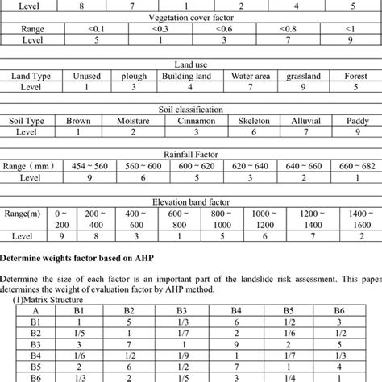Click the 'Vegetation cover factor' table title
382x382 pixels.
point(190,16)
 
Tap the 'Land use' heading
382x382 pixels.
point(190,64)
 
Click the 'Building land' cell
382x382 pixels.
point(188,76)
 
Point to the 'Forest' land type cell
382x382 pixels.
point(355,76)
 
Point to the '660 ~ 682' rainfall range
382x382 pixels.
point(355,166)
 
